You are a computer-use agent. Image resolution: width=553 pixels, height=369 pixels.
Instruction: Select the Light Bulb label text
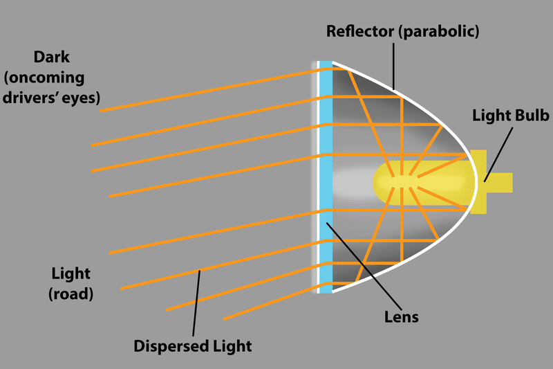click(x=510, y=116)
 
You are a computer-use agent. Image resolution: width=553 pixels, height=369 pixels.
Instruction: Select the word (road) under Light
click(x=71, y=293)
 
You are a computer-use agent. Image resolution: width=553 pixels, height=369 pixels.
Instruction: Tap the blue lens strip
click(x=326, y=173)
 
